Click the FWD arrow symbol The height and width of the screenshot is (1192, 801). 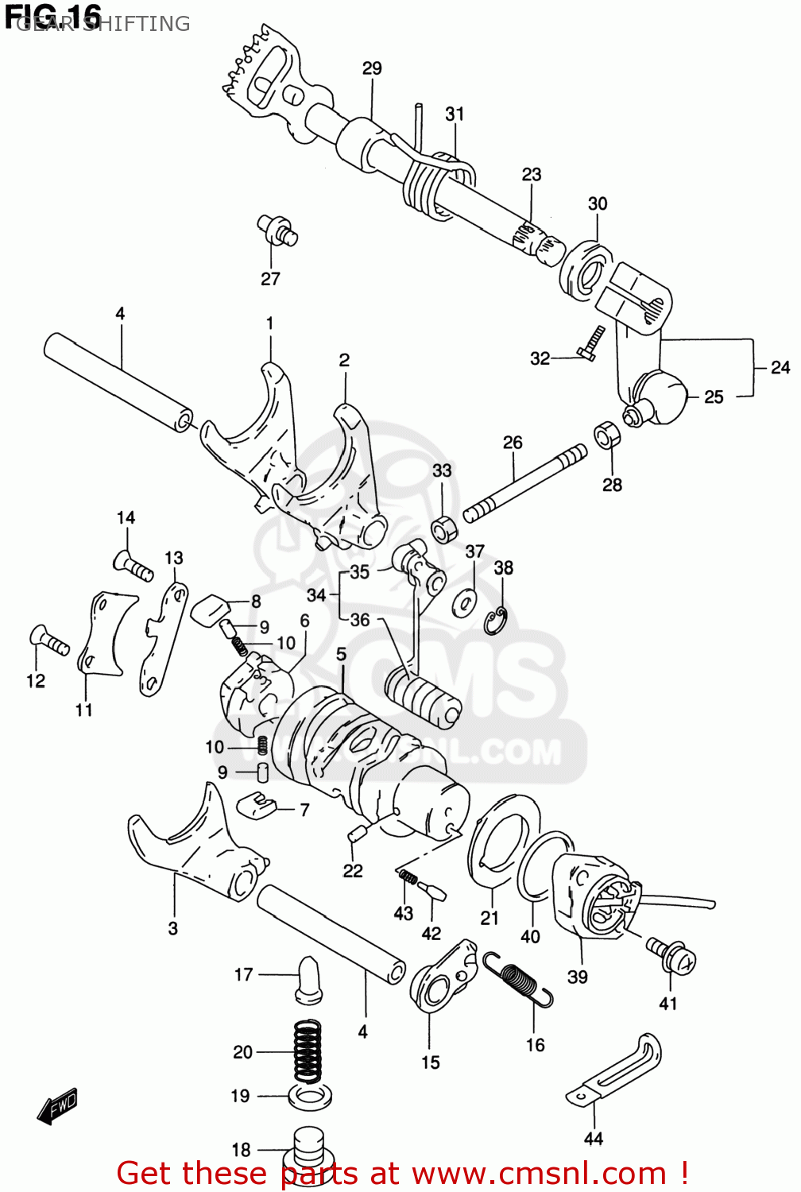pyautogui.click(x=57, y=1106)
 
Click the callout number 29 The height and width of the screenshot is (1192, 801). pyautogui.click(x=372, y=68)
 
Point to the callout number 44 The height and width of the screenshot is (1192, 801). pyautogui.click(x=593, y=1139)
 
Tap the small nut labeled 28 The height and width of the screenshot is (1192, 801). pyautogui.click(x=608, y=435)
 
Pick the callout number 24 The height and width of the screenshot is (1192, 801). pyautogui.click(x=780, y=367)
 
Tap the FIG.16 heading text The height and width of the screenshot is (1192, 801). pyautogui.click(x=53, y=15)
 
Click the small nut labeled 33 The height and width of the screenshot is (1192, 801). pyautogui.click(x=443, y=528)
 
